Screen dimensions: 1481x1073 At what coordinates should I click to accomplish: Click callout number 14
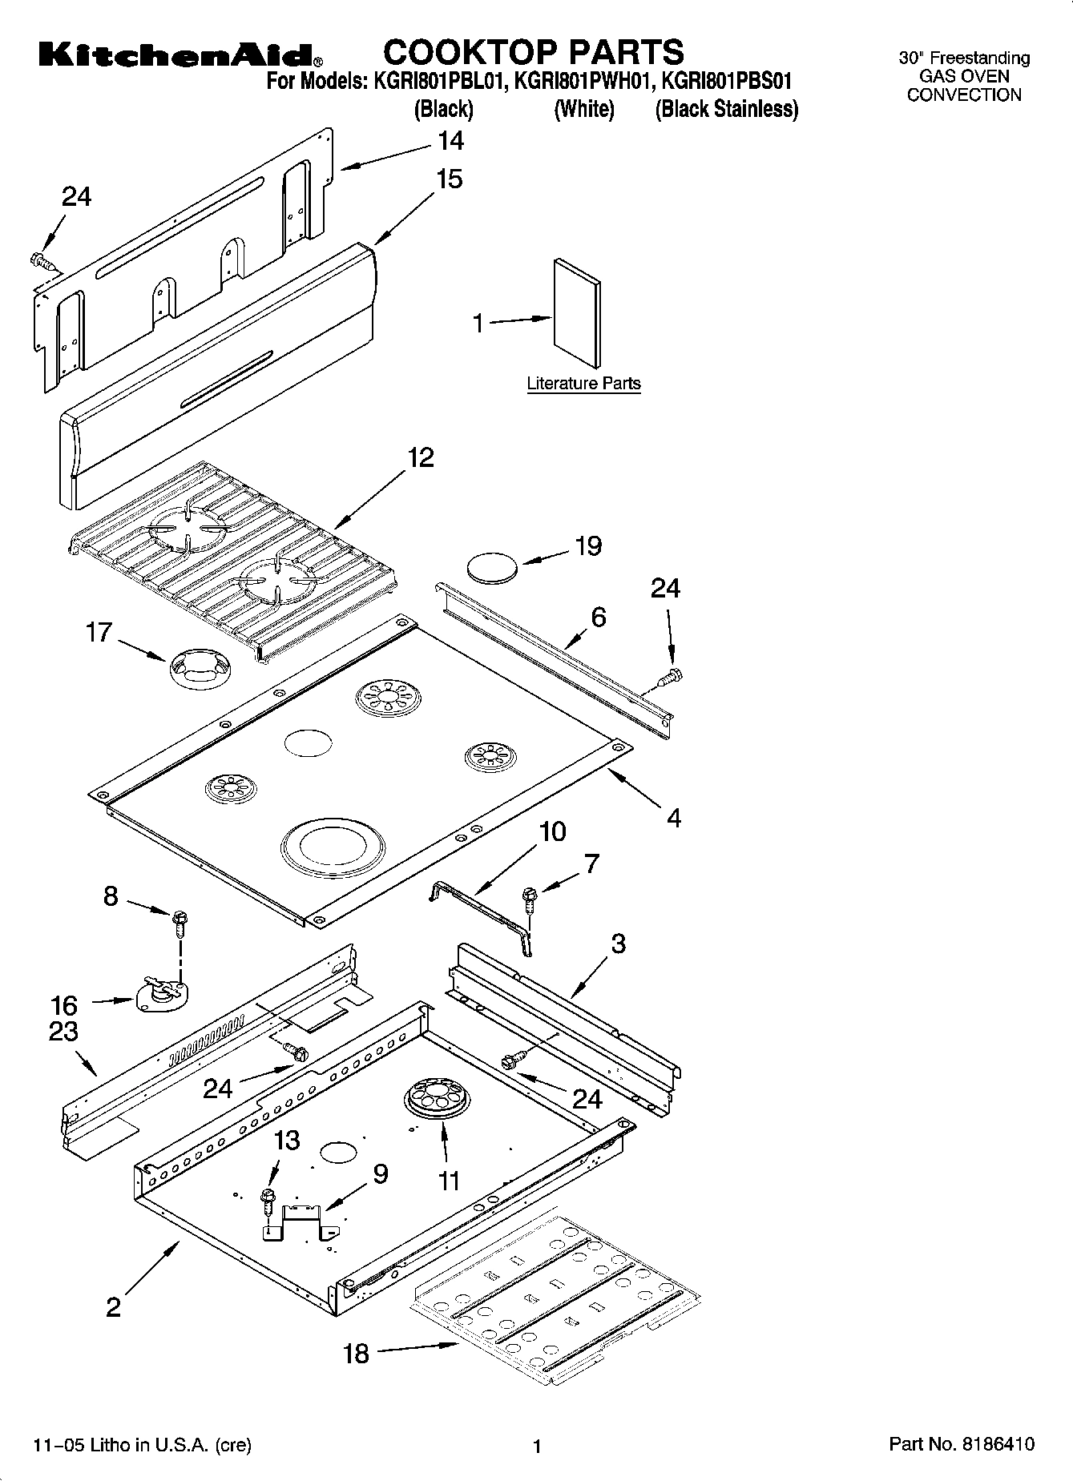[x=450, y=141]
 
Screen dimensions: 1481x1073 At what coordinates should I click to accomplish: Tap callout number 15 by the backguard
[x=449, y=179]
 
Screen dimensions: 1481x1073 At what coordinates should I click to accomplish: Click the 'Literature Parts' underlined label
[x=583, y=384]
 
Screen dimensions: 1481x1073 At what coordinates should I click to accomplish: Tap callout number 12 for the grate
[x=421, y=458]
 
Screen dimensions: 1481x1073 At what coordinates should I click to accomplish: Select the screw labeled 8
[x=179, y=922]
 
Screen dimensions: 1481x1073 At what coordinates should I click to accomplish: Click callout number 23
[x=64, y=1032]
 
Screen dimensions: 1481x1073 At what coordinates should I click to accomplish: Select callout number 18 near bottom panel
[x=356, y=1354]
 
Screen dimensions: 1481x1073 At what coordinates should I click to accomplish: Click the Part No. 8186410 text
[x=962, y=1444]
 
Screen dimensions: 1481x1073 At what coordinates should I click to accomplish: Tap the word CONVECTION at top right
[x=964, y=95]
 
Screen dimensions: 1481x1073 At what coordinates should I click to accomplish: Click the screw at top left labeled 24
[x=39, y=260]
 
